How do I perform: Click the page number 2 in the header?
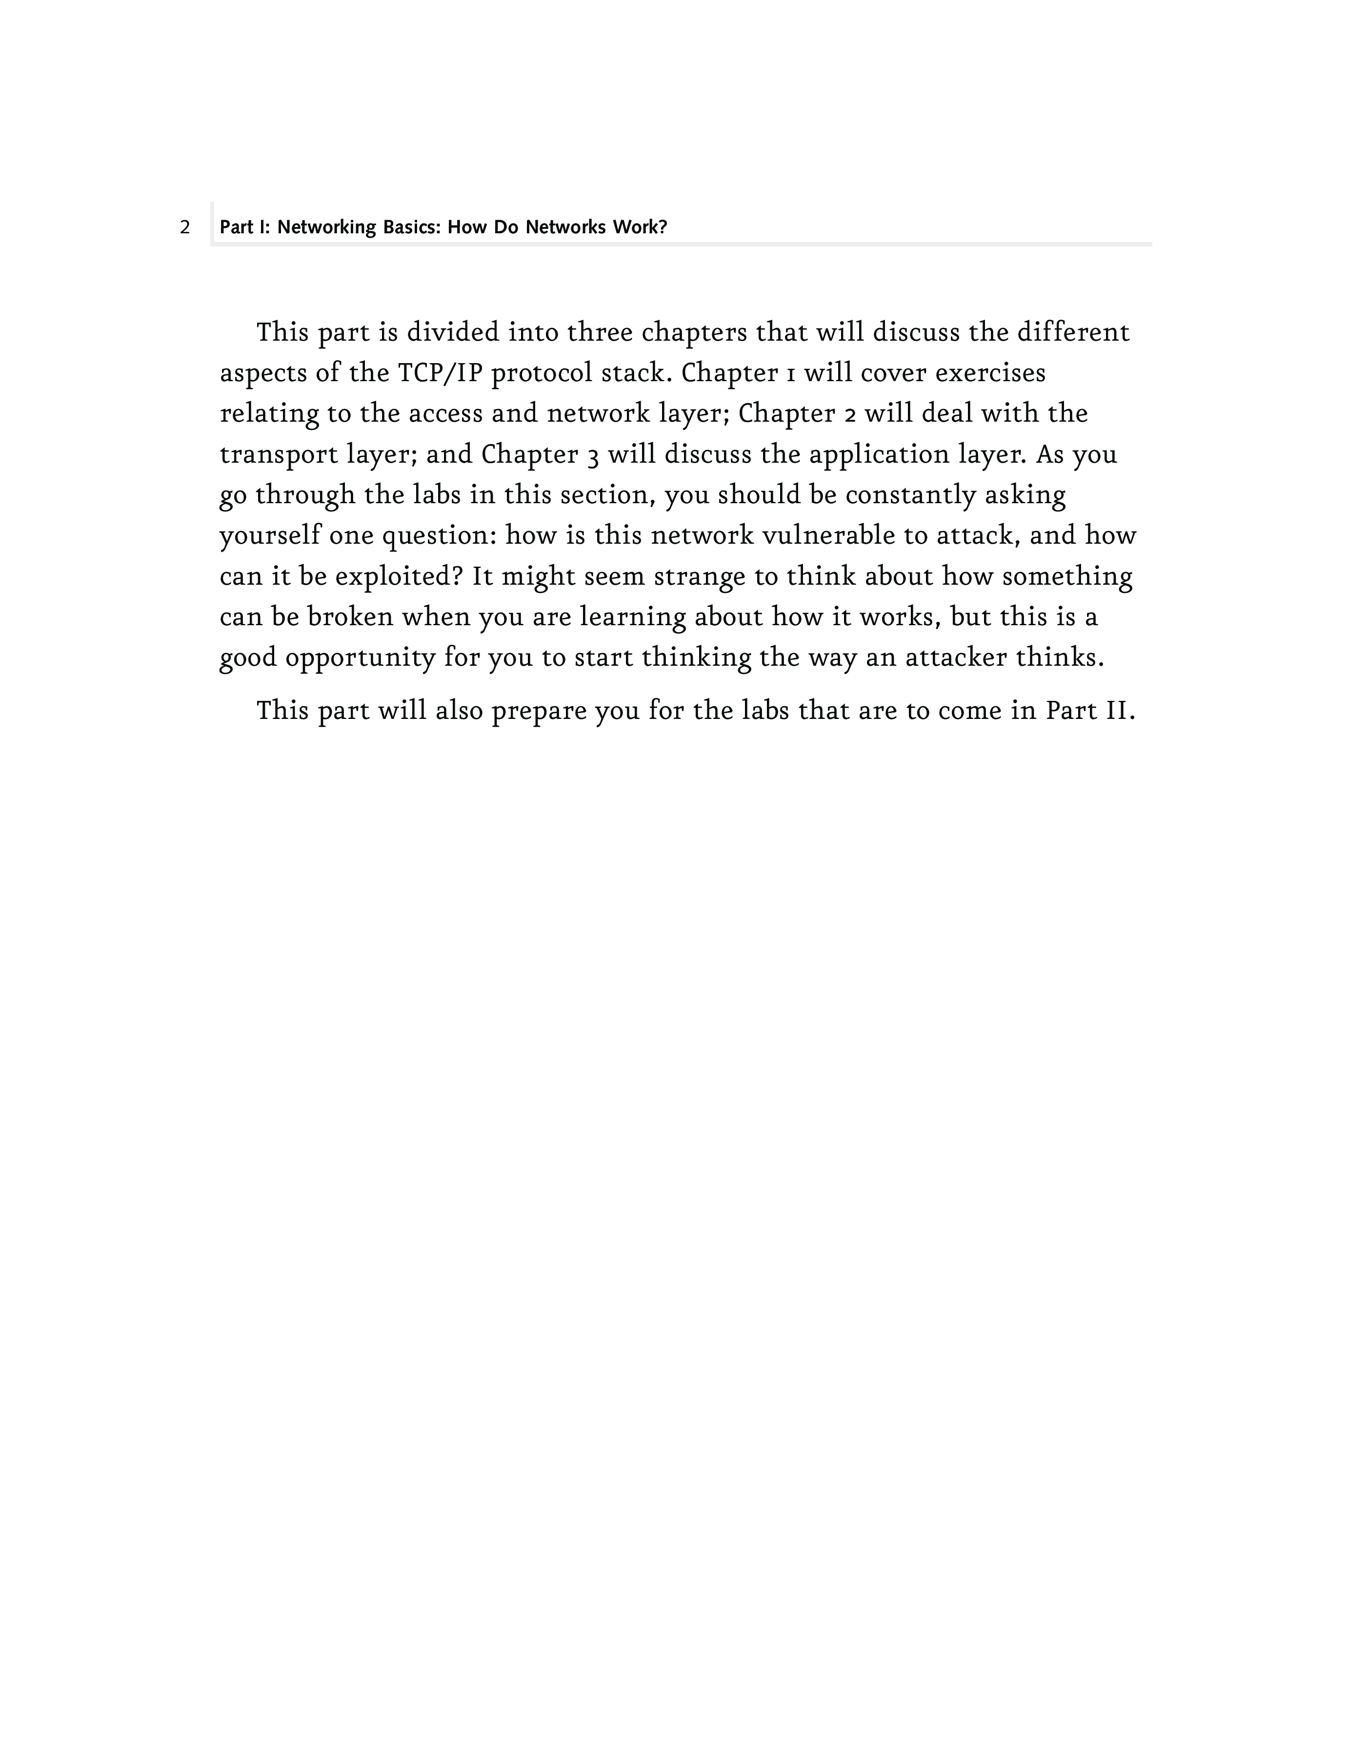click(x=185, y=228)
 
